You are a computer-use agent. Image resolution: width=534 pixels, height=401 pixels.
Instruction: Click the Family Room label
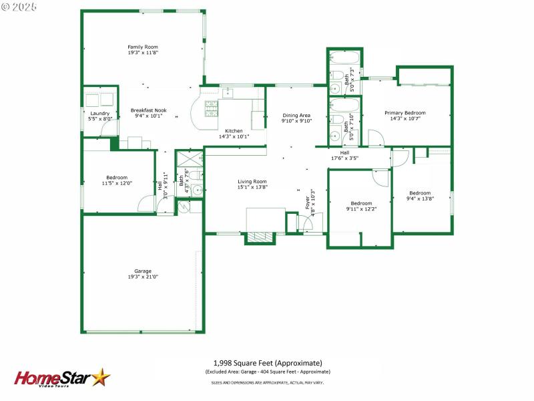tap(143, 47)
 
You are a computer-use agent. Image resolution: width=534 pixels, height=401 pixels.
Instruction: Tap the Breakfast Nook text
tap(148, 110)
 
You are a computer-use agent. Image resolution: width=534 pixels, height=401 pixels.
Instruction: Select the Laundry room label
tap(99, 113)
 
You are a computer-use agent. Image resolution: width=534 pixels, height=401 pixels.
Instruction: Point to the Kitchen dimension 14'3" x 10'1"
tap(234, 136)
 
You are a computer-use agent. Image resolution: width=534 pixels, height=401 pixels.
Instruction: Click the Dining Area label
tap(296, 115)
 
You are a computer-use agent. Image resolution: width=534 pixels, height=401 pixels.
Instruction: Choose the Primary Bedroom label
tap(405, 113)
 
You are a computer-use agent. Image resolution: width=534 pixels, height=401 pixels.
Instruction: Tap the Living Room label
tap(252, 181)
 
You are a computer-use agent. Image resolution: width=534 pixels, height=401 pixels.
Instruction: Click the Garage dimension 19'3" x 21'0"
tap(143, 277)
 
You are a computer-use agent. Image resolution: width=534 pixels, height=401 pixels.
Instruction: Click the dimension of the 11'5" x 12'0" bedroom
tap(117, 183)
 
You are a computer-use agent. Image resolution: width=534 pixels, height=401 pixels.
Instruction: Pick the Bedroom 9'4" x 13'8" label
tap(421, 196)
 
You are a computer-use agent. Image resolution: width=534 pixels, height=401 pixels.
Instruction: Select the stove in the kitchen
tap(212, 108)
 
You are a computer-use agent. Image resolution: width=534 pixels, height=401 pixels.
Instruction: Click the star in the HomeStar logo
tap(101, 378)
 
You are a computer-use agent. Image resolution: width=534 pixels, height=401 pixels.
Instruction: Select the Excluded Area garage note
tap(267, 372)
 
